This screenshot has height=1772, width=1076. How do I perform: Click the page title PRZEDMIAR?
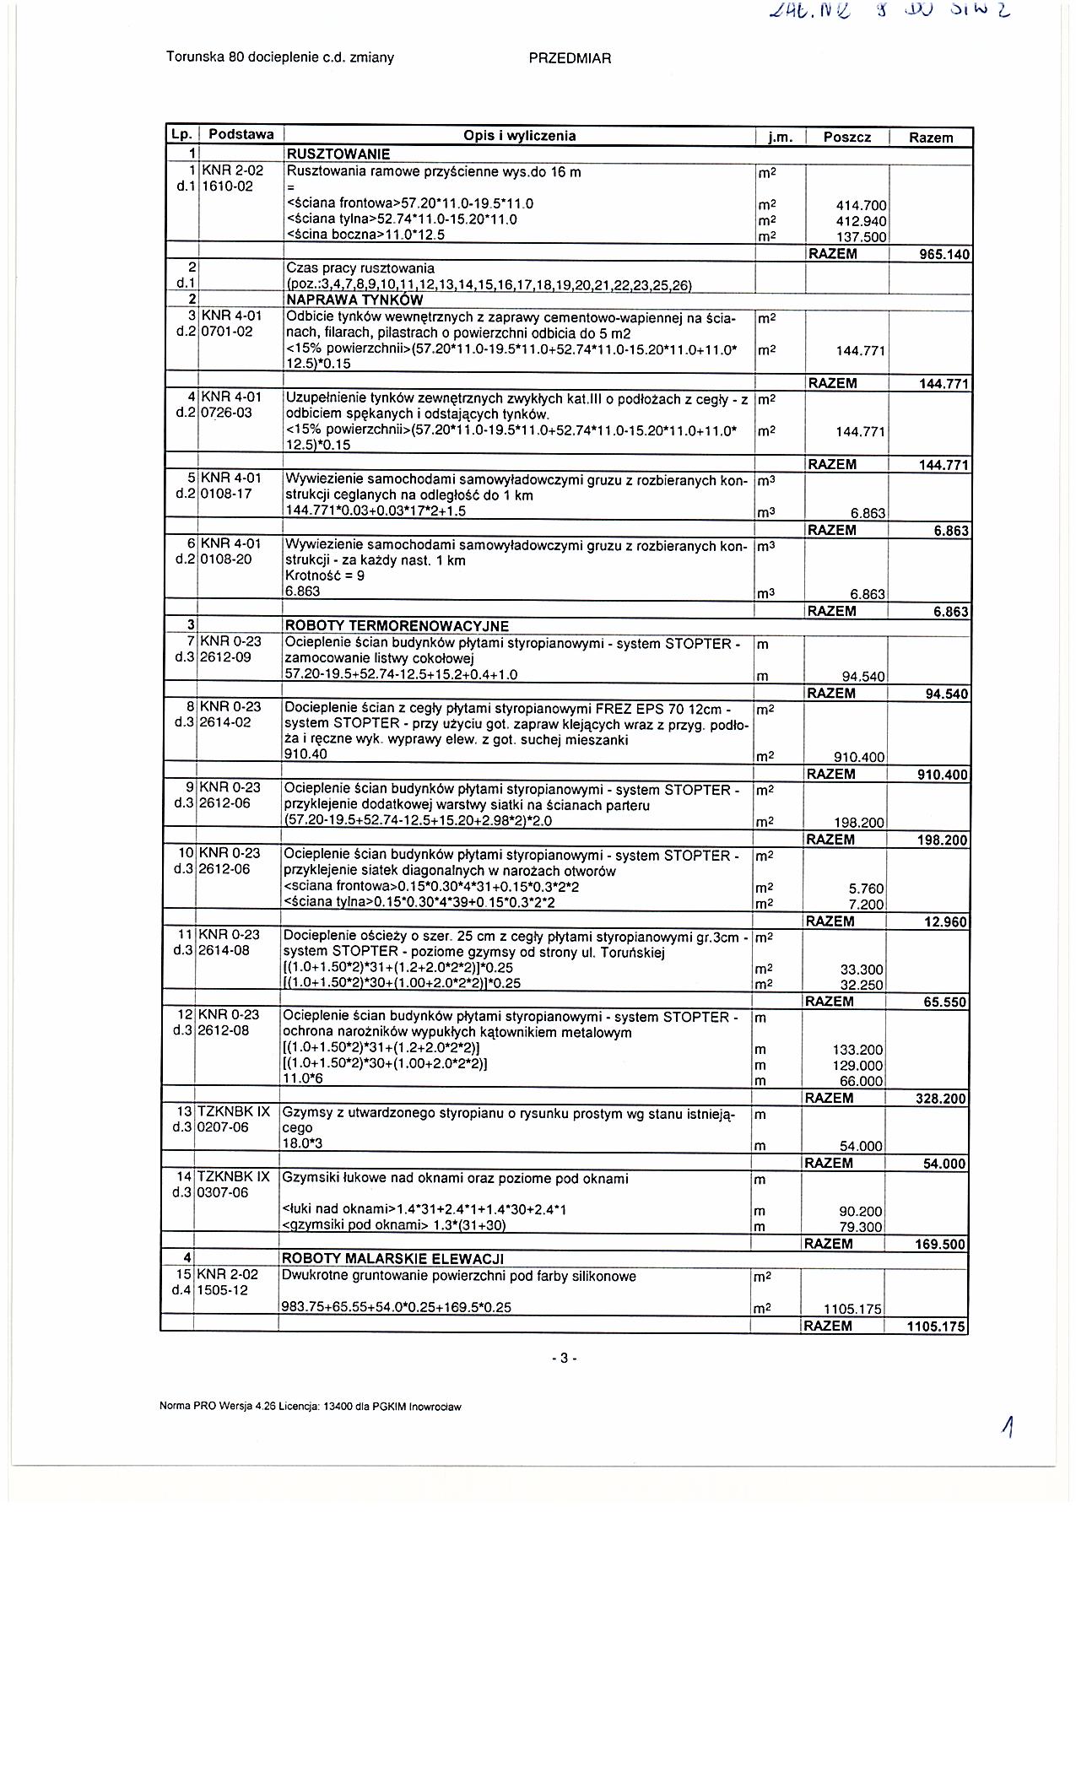point(570,58)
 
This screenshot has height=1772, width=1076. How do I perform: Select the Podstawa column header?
point(241,135)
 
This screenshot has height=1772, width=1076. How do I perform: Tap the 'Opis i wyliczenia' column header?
point(519,136)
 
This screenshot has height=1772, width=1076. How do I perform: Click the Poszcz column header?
point(846,137)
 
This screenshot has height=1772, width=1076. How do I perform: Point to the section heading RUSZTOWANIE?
point(338,154)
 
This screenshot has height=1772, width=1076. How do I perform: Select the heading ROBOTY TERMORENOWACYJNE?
point(397,626)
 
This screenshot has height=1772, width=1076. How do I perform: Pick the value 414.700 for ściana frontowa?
point(859,205)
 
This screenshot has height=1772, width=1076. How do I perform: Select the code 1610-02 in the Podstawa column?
point(226,186)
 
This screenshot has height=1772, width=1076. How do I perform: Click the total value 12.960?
point(946,921)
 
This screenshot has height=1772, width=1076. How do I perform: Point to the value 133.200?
point(857,1050)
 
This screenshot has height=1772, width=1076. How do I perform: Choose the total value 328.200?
point(942,1099)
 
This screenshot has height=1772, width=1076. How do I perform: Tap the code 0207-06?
point(224,1127)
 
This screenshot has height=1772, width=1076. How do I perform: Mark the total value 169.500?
point(942,1245)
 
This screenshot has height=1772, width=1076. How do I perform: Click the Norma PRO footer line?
point(311,1407)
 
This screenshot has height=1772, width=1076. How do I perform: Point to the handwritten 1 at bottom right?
point(1008,1427)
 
